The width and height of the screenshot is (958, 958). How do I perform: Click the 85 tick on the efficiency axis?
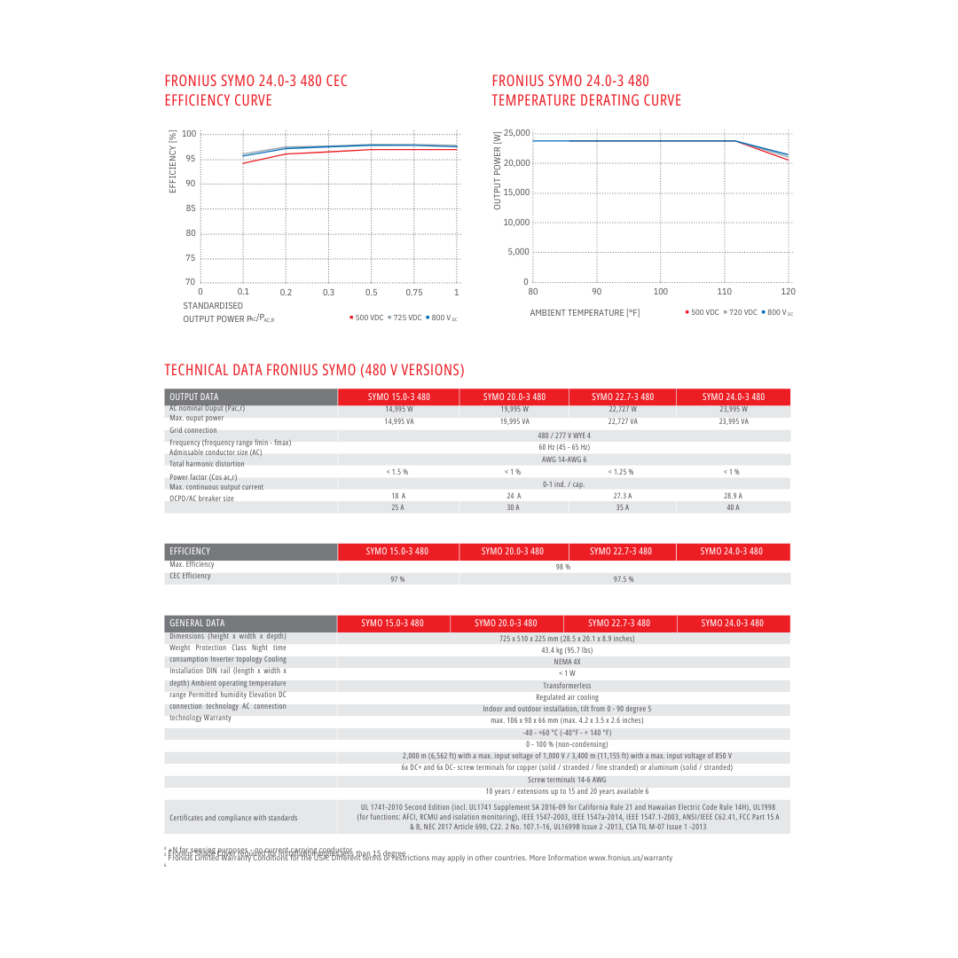[190, 208]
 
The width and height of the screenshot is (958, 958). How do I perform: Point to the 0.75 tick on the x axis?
[414, 292]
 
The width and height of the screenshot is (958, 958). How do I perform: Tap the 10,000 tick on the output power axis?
[516, 223]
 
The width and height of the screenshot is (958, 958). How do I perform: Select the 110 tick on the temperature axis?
[725, 292]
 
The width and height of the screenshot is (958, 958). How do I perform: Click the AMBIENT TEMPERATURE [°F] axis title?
[585, 313]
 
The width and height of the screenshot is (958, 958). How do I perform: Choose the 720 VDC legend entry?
[740, 313]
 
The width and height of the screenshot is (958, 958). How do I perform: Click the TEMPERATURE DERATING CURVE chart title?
[586, 100]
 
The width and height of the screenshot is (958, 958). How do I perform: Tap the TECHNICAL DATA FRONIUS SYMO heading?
[314, 370]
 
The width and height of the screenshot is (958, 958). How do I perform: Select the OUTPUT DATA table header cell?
[194, 397]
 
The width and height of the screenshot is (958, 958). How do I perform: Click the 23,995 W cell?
[733, 410]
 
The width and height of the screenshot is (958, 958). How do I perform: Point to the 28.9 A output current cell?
[733, 496]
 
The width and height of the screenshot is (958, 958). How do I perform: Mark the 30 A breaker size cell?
[513, 507]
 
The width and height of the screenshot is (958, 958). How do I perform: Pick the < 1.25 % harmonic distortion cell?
[621, 472]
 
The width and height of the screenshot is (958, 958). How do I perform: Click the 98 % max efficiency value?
[563, 567]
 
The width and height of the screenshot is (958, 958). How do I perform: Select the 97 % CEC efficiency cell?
[397, 579]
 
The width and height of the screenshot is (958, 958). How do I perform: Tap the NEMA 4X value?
[567, 662]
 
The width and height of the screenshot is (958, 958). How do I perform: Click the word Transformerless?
[567, 686]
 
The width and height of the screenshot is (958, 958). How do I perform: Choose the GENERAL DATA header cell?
[197, 623]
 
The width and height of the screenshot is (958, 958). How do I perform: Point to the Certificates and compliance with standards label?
[233, 818]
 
